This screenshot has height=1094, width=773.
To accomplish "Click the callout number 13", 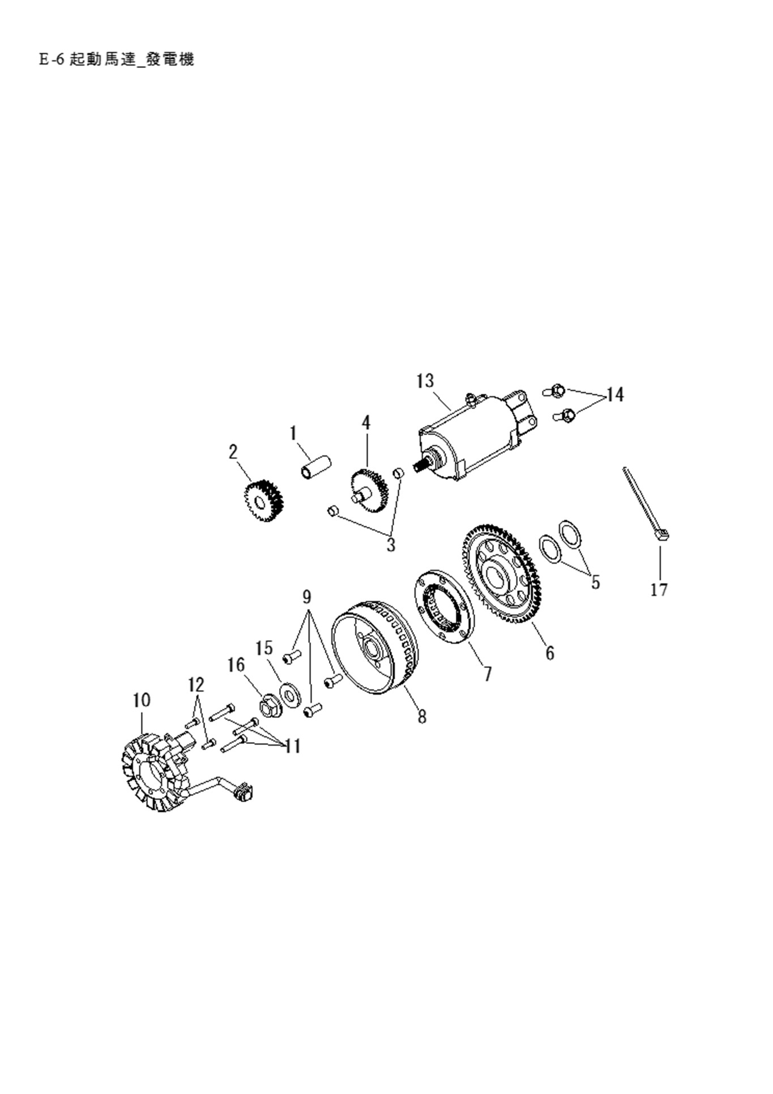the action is click(425, 381).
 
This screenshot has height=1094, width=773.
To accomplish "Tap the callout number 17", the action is click(659, 590).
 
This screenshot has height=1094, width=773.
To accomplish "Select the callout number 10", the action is click(142, 700).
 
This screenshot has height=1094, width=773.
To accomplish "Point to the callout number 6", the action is click(550, 653).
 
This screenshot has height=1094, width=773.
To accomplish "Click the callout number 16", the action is click(236, 665).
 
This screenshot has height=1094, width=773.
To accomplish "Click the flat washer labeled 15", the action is click(290, 695).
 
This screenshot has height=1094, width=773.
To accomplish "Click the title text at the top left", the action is click(117, 59).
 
